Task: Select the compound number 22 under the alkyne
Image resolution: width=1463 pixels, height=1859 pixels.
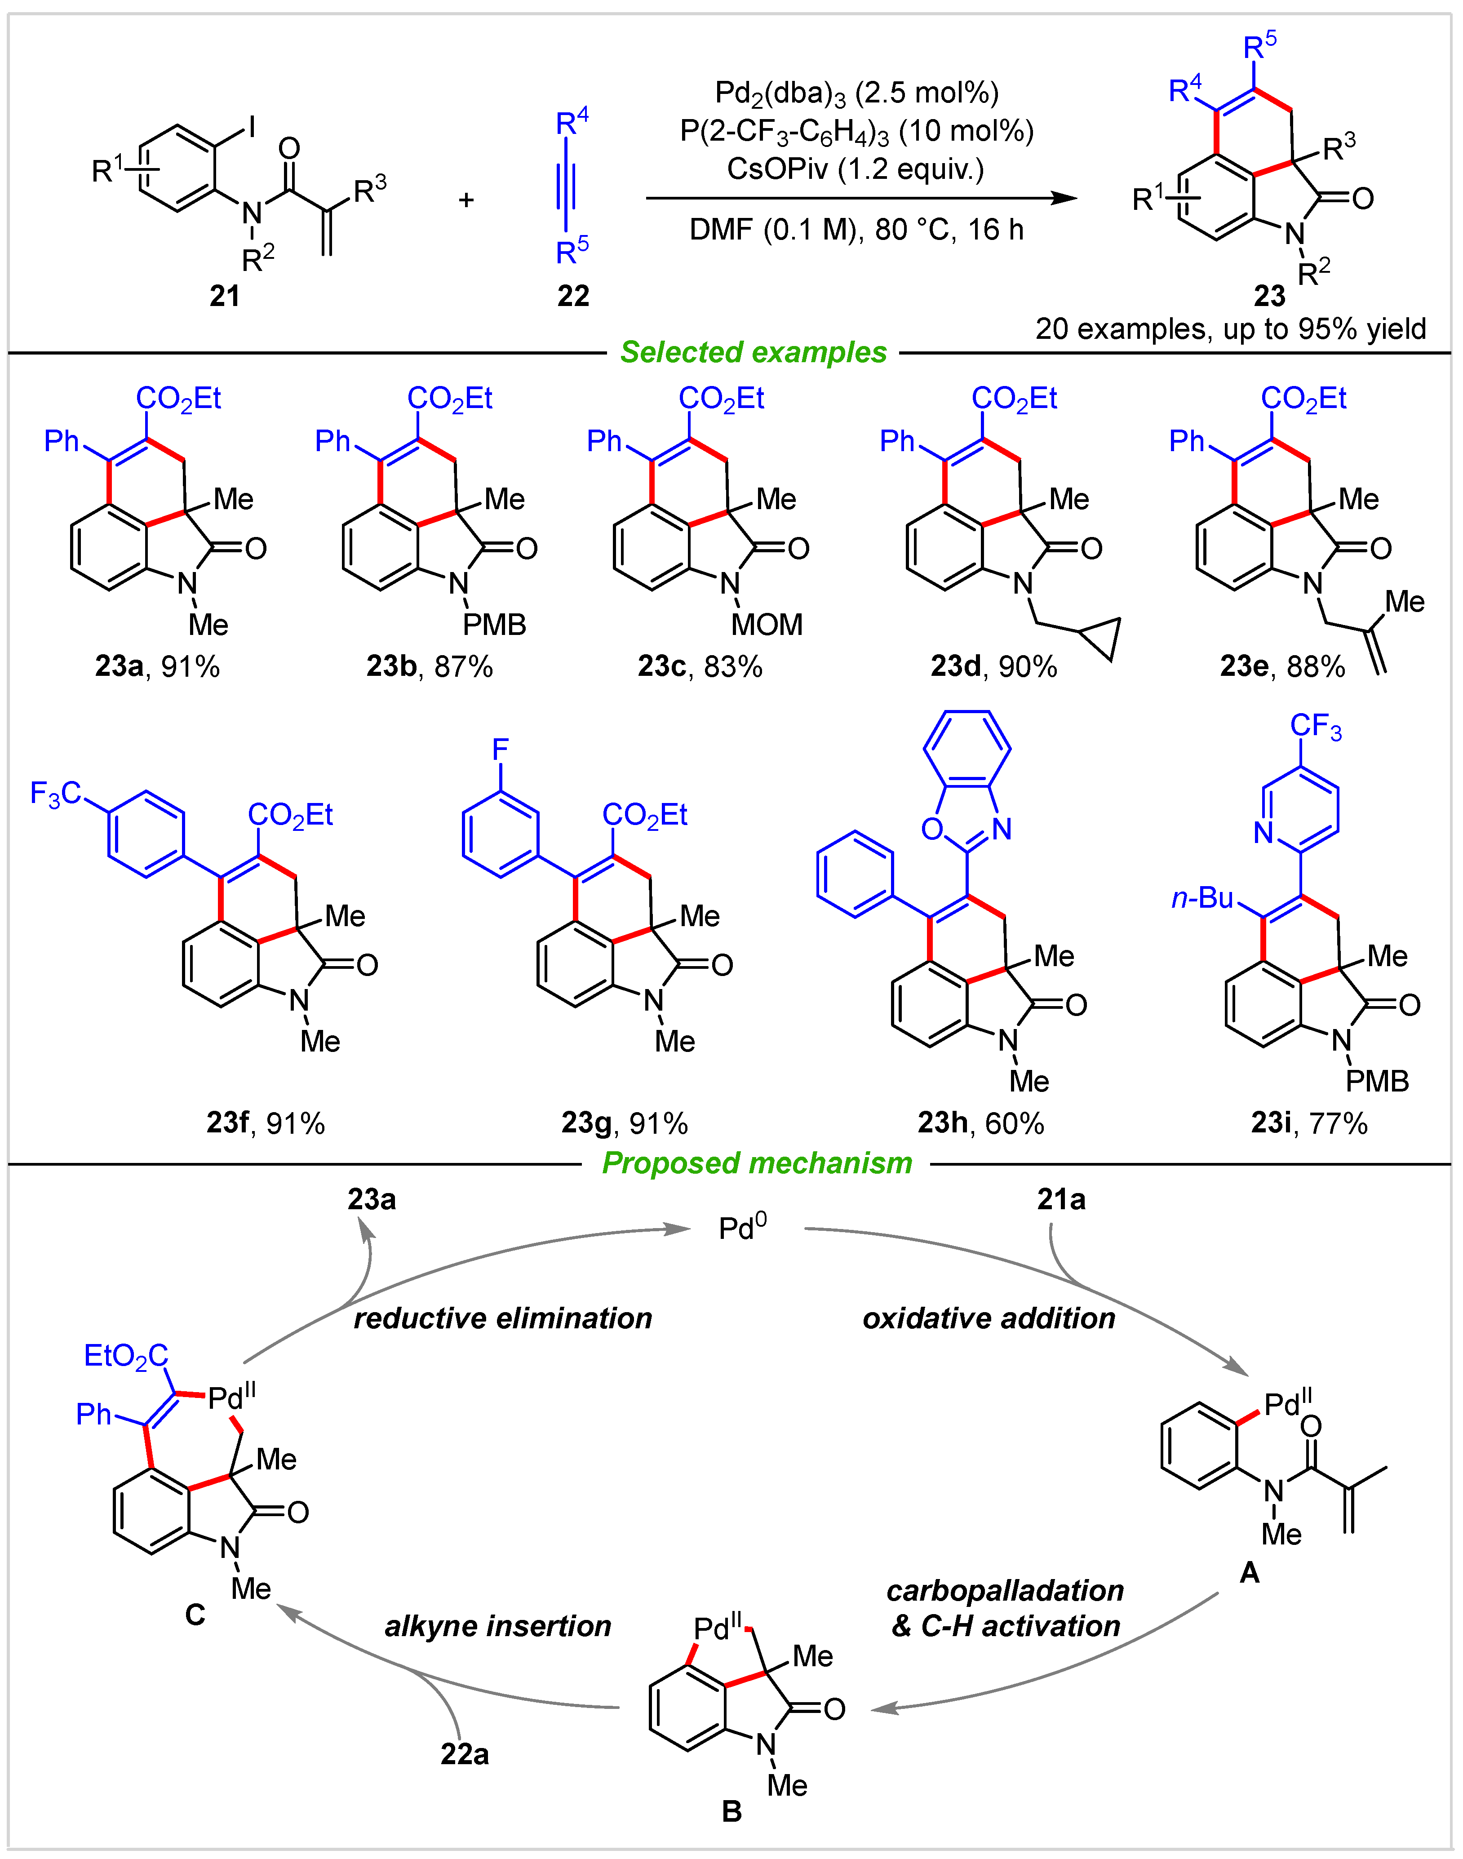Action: click(573, 297)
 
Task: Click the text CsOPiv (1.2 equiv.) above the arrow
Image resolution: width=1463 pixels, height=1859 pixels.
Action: click(855, 169)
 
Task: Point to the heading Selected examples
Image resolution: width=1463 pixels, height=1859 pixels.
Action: click(753, 352)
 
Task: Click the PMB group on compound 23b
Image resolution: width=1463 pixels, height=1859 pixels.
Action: click(494, 625)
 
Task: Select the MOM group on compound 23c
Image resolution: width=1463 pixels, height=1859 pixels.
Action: click(767, 625)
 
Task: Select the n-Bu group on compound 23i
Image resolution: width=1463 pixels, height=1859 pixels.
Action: click(1202, 898)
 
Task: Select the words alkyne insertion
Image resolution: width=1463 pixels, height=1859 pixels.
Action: click(498, 1625)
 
